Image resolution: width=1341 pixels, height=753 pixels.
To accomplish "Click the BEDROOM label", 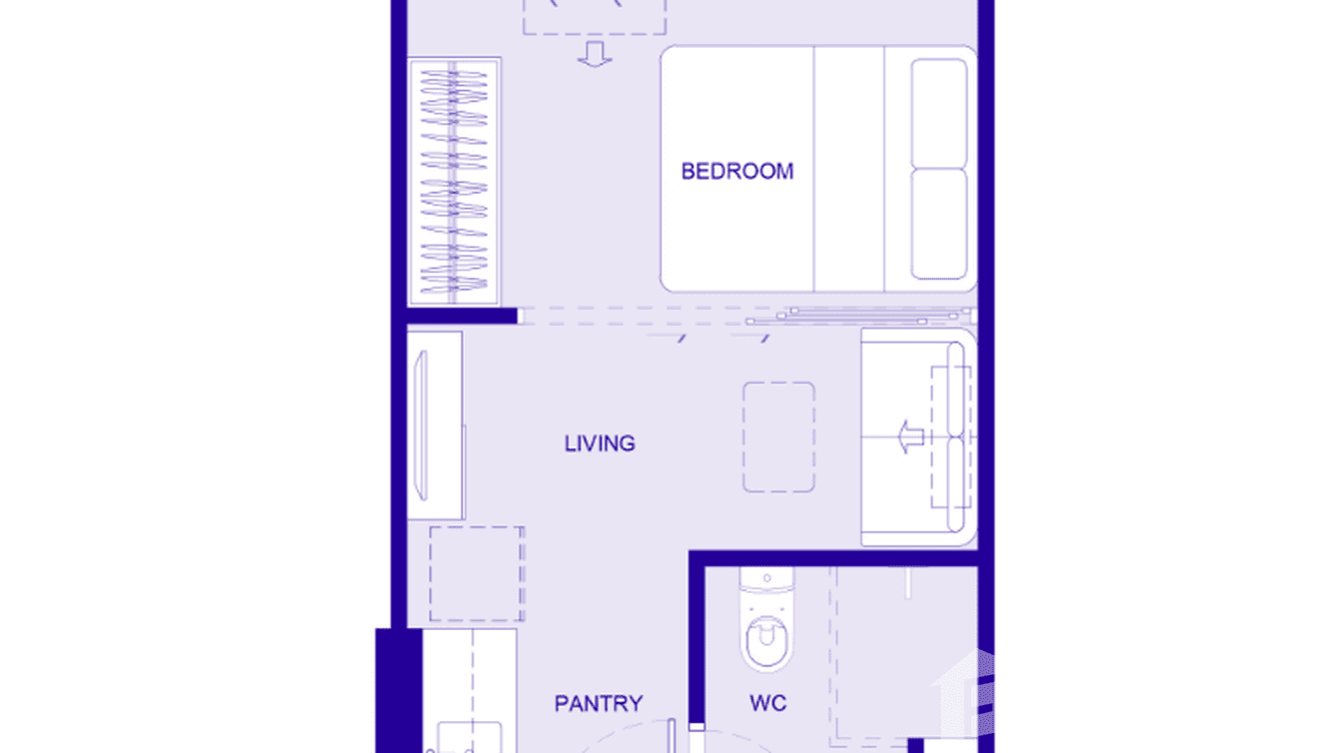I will point(736,171).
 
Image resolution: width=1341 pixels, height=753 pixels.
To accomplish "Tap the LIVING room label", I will point(600,443).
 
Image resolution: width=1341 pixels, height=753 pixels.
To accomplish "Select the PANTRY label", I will point(598,704).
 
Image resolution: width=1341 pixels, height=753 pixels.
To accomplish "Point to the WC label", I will point(767,704).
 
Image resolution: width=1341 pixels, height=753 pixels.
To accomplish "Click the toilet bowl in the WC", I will point(766,638).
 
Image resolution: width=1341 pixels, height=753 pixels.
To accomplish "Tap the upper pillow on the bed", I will point(938,113).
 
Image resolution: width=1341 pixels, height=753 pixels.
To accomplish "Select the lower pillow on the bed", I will point(938,224).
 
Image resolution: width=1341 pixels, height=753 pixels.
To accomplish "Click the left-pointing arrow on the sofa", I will point(908,437).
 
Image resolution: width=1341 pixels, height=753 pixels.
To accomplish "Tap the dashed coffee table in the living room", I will point(778,436).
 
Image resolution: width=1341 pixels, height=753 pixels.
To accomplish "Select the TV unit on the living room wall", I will point(436,425).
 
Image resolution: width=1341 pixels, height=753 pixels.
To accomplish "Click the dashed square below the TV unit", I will point(477,573).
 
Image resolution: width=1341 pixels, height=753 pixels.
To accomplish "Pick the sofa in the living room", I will point(917,437).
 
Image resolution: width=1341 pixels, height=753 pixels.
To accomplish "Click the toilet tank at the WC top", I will point(766,580).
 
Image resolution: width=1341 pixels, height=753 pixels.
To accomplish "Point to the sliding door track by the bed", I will point(859,316).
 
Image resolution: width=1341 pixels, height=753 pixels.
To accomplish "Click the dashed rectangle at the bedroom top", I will point(595,17).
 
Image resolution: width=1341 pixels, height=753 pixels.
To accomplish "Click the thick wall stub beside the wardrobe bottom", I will point(462,316).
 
